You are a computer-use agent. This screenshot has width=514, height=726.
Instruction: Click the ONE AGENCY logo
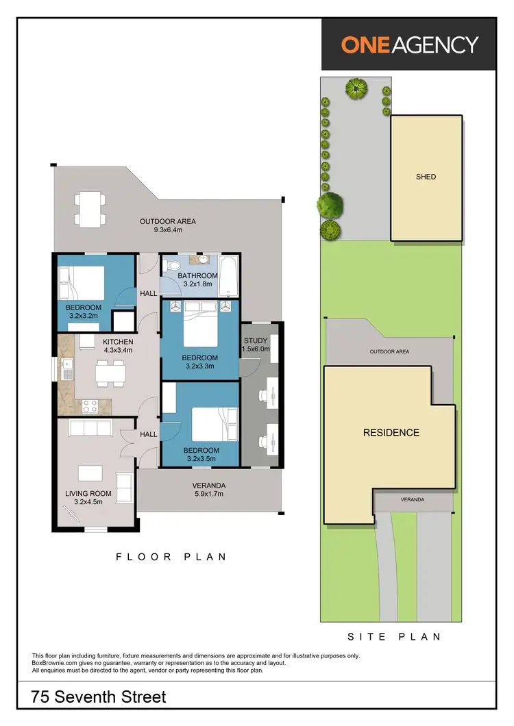[x=409, y=45]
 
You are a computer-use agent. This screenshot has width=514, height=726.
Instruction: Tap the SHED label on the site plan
[x=426, y=177]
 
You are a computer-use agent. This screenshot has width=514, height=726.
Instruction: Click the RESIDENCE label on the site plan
[x=391, y=433]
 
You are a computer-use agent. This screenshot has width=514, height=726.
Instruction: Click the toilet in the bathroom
[x=173, y=264]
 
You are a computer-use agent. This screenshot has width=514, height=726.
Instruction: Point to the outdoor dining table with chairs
[x=90, y=210]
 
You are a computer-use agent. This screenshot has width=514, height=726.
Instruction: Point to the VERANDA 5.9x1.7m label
[x=209, y=490]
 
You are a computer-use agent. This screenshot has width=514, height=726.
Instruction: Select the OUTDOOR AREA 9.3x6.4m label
[x=168, y=225]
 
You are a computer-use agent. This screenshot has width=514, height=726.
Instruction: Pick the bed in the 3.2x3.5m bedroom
[x=213, y=424]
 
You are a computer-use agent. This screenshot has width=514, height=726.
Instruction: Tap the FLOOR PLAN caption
[x=171, y=557]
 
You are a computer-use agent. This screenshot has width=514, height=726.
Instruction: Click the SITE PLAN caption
[x=394, y=636]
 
